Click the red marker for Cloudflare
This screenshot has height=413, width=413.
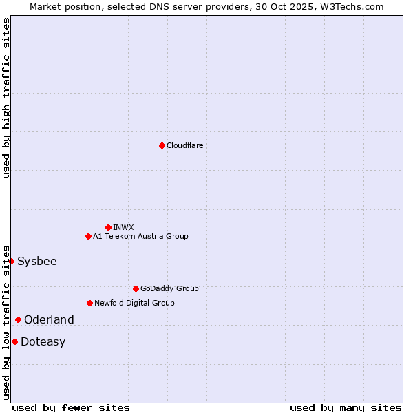[162, 145]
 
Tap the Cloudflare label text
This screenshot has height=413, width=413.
[184, 145]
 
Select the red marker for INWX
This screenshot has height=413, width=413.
[108, 227]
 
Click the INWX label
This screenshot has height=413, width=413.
[123, 227]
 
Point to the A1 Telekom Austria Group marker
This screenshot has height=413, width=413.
[88, 236]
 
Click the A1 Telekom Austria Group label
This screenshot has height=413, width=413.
[140, 236]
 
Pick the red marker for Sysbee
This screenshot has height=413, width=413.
[12, 261]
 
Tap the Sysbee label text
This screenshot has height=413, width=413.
[37, 261]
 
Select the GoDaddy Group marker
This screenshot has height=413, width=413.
[136, 288]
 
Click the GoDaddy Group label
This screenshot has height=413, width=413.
[169, 288]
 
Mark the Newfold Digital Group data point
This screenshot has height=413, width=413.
[89, 303]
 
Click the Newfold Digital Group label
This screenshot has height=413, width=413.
[134, 303]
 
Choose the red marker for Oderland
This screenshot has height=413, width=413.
[18, 319]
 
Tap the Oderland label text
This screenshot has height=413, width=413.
[49, 319]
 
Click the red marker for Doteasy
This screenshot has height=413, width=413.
[14, 341]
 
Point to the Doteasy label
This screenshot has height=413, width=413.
[43, 341]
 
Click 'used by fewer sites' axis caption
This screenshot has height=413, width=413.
[71, 407]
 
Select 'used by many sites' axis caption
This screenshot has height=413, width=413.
[346, 407]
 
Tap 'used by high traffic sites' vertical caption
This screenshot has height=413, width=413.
[6, 98]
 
